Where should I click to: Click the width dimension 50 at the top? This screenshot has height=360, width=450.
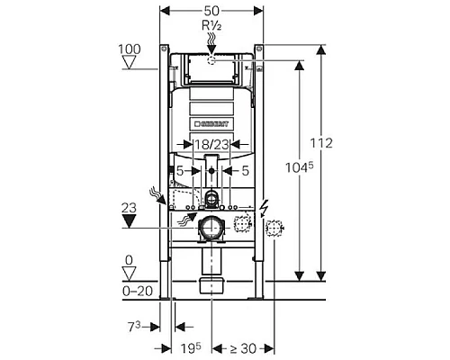point(211,11)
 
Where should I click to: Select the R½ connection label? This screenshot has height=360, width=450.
point(211,26)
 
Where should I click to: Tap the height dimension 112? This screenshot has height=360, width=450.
point(321,143)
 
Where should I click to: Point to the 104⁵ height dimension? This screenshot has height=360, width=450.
point(299,166)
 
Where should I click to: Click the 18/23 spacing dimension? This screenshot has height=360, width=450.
point(211,145)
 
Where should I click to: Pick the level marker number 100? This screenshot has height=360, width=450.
point(130,49)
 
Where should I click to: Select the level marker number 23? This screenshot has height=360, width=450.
point(129,208)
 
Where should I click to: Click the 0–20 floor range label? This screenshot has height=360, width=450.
point(138,291)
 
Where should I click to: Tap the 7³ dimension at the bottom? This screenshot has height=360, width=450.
point(134,327)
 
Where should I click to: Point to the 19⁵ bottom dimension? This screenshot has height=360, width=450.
point(191,348)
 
